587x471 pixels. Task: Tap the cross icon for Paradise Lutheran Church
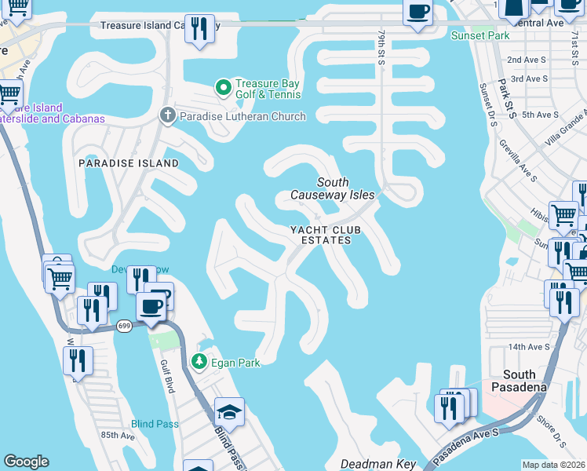pos(166,116)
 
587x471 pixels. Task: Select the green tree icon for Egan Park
pos(199,362)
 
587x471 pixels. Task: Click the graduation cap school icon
pos(229,413)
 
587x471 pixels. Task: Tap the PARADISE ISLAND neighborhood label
pos(128,163)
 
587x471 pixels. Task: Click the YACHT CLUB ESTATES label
pos(320,235)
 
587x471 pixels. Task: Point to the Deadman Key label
pos(378,464)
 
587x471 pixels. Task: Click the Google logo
pos(26,462)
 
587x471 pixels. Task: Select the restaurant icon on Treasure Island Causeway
pos(201,30)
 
